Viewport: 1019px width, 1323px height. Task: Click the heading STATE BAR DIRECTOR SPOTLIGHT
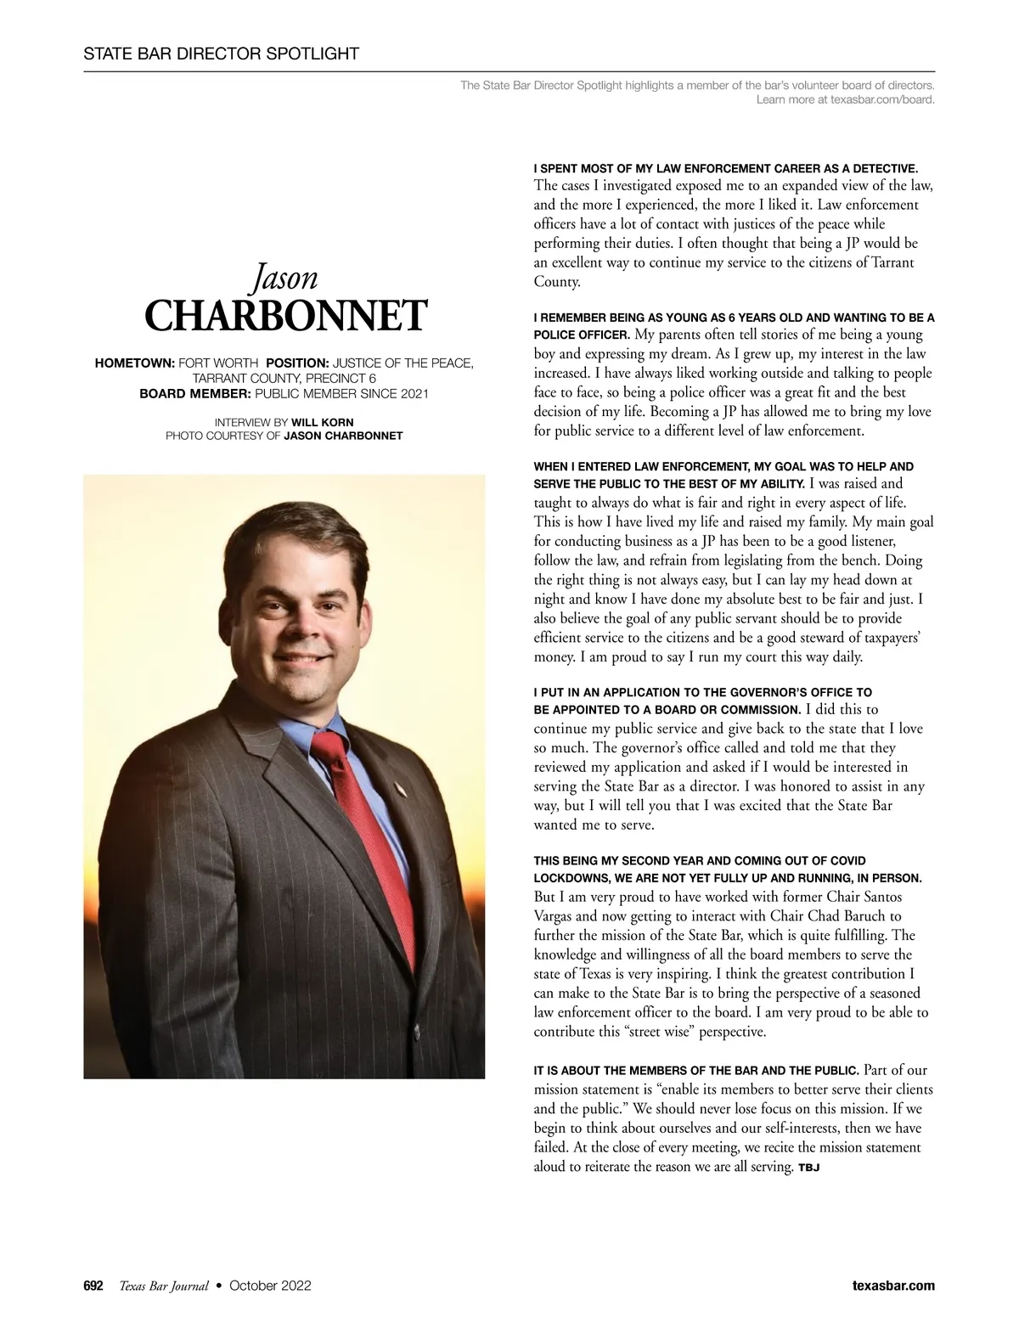221,54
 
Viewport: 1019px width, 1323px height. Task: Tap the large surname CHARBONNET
284,316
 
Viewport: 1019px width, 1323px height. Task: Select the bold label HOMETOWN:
134,363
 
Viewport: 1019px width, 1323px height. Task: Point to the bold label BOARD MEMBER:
195,394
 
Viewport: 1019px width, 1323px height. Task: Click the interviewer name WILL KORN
323,422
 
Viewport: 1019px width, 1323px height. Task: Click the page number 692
93,1286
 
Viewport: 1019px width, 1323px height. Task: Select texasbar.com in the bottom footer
893,1286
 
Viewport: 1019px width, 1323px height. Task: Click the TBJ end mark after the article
808,1168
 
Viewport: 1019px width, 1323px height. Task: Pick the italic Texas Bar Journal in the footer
164,1286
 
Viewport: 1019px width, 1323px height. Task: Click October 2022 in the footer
270,1286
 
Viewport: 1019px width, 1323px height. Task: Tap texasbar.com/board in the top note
881,100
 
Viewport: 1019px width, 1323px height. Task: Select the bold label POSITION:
297,363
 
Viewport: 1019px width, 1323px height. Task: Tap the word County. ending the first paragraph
557,282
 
